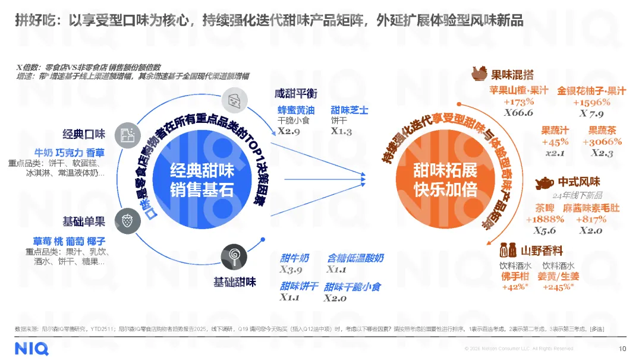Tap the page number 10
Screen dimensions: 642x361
click(622, 349)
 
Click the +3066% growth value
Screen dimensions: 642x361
click(602, 141)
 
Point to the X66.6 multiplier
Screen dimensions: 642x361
click(518, 113)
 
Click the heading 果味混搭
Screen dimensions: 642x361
click(512, 75)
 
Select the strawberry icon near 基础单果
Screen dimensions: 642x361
click(126, 217)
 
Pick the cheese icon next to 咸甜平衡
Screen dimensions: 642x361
click(233, 100)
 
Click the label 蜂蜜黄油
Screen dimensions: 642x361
click(296, 110)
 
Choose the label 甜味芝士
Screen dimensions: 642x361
click(350, 110)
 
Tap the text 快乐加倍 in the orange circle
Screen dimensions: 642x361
click(445, 190)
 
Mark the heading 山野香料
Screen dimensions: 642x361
click(542, 251)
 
